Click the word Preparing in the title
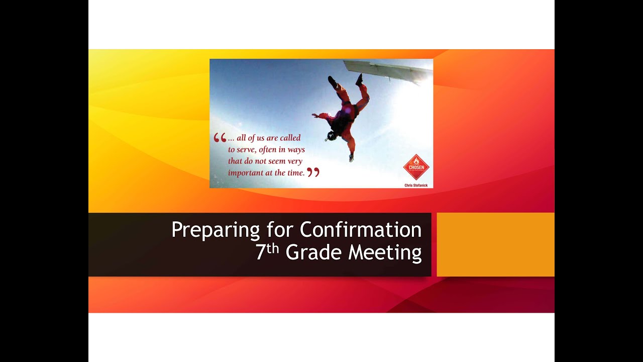point(216,230)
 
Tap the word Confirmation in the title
point(361,230)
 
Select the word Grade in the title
point(314,252)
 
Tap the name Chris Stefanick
point(416,186)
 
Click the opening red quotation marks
point(220,138)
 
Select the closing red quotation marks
point(313,172)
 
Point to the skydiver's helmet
point(331,136)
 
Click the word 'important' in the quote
point(246,173)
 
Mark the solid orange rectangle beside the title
point(495,244)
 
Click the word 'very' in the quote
point(296,161)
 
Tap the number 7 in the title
point(260,252)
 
